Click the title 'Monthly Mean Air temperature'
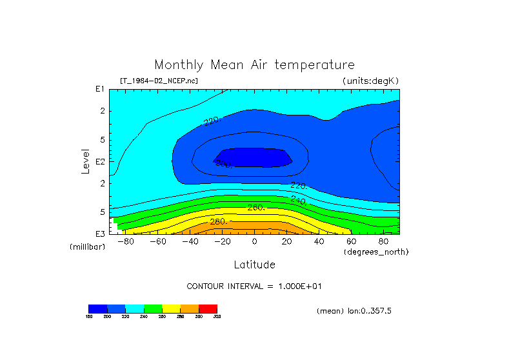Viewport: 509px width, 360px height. point(254,65)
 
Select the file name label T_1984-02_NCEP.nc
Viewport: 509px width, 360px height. point(159,81)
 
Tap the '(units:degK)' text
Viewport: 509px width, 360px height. point(370,81)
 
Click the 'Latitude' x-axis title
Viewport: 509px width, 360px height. point(254,265)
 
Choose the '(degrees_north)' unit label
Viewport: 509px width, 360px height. point(376,252)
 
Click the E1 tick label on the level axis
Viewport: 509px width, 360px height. point(101,89)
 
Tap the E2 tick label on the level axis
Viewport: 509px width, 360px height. point(101,161)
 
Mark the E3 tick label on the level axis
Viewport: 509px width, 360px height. point(101,234)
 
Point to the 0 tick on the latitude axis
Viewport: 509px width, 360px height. point(254,241)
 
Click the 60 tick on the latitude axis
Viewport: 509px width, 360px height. point(351,241)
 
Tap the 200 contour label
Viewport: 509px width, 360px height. point(223,163)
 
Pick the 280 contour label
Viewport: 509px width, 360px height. point(219,222)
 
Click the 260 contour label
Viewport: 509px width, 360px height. point(256,207)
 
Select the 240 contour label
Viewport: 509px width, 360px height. point(298,200)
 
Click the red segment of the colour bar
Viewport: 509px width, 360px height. point(208,308)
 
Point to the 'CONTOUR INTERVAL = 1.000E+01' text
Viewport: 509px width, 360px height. point(254,286)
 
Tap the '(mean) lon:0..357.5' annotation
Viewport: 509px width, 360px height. point(354,311)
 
